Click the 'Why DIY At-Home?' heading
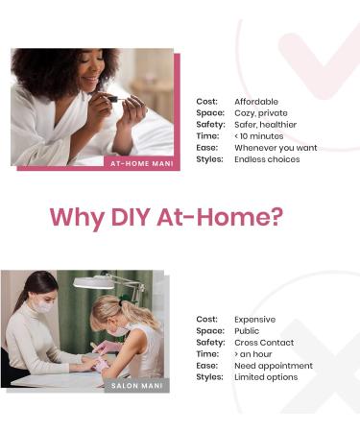[x=166, y=218]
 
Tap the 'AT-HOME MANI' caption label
[x=142, y=163]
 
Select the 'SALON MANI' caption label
[x=137, y=386]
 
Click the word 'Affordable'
[x=256, y=102]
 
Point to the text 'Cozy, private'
[x=261, y=113]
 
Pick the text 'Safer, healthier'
[x=265, y=125]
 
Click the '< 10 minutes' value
[x=259, y=136]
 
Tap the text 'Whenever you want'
[x=276, y=148]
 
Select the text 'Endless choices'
[x=267, y=159]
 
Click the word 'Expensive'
[x=254, y=320]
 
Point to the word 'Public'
[x=247, y=331]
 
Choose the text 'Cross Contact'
[x=264, y=343]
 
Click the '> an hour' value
[x=253, y=354]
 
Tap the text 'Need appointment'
[x=274, y=366]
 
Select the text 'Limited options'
[x=266, y=377]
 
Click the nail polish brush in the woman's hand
[x=115, y=100]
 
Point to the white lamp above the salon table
[x=93, y=282]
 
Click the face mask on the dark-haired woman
[x=43, y=306]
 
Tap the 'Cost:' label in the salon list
[x=206, y=320]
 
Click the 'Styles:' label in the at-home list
[x=209, y=159]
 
